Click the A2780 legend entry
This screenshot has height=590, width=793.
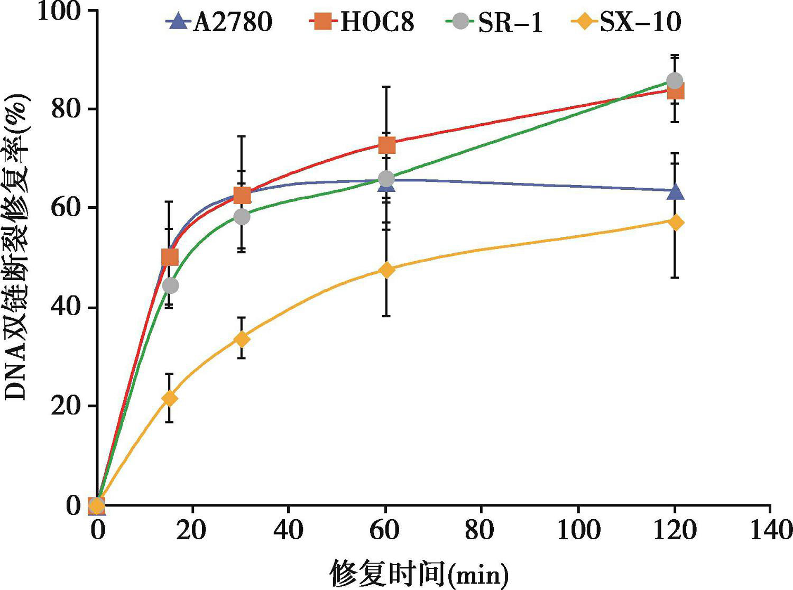(x=219, y=22)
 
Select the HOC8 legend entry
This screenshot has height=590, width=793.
(x=362, y=22)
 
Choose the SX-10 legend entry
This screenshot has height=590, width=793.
(x=626, y=22)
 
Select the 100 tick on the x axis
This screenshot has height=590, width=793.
(x=579, y=530)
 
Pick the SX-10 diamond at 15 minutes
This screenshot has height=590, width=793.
(x=169, y=398)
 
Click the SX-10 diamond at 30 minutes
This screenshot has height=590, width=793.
(x=242, y=339)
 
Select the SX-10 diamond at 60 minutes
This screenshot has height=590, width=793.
(x=386, y=270)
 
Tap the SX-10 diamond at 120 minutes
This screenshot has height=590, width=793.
(x=675, y=223)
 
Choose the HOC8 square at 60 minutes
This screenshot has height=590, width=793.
(x=386, y=145)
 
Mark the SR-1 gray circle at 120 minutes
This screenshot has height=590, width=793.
(x=675, y=81)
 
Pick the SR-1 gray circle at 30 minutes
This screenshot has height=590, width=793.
(x=242, y=216)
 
